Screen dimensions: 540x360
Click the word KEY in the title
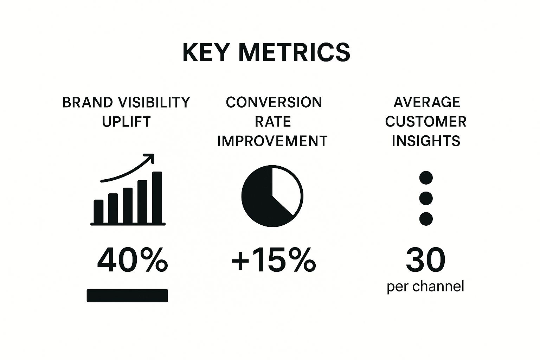coord(205,52)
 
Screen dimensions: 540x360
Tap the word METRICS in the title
coord(294,52)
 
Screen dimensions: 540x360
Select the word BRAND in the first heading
coord(87,102)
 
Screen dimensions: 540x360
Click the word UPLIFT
coord(126,122)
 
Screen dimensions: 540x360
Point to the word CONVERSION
coord(274,102)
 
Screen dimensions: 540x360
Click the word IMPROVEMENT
coord(272,141)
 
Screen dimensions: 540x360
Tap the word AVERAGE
coord(427,102)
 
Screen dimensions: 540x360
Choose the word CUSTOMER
coord(426,122)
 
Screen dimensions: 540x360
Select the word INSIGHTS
coord(426,141)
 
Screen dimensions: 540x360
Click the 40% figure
coord(133,260)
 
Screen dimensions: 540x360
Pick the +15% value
coord(274,260)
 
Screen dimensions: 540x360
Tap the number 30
coord(426,260)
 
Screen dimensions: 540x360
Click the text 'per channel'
coord(425,287)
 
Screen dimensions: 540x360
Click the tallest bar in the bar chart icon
coord(157,197)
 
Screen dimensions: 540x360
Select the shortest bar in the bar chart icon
coord(98,212)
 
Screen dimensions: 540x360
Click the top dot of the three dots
coord(426,178)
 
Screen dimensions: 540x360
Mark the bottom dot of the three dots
coord(426,219)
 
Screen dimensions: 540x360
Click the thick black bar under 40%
coord(127,296)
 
